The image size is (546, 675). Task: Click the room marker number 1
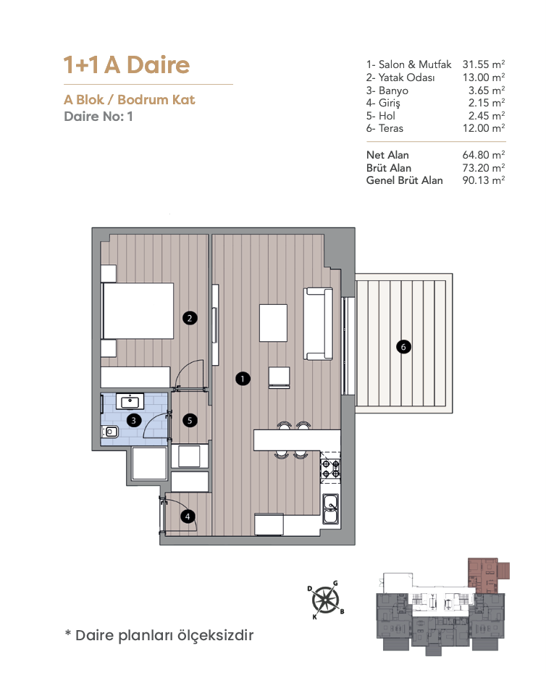pyautogui.click(x=243, y=379)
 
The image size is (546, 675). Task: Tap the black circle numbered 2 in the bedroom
pyautogui.click(x=190, y=318)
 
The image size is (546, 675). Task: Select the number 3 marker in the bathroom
pyautogui.click(x=134, y=420)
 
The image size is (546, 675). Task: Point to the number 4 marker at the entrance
pyautogui.click(x=188, y=516)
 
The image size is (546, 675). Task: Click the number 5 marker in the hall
pyautogui.click(x=190, y=420)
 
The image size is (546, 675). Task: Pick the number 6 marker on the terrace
pyautogui.click(x=403, y=346)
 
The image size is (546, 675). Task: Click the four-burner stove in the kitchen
pyautogui.click(x=330, y=469)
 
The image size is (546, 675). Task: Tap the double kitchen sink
pyautogui.click(x=330, y=509)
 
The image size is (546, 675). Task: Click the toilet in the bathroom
pyautogui.click(x=110, y=431)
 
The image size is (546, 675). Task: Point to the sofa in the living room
pyautogui.click(x=319, y=324)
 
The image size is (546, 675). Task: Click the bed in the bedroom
pyautogui.click(x=138, y=311)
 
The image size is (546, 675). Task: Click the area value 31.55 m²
pyautogui.click(x=484, y=64)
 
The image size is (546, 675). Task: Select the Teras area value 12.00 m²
pyautogui.click(x=484, y=128)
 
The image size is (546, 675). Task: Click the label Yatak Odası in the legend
pyautogui.click(x=406, y=77)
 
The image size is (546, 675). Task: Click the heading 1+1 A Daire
pyautogui.click(x=127, y=64)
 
